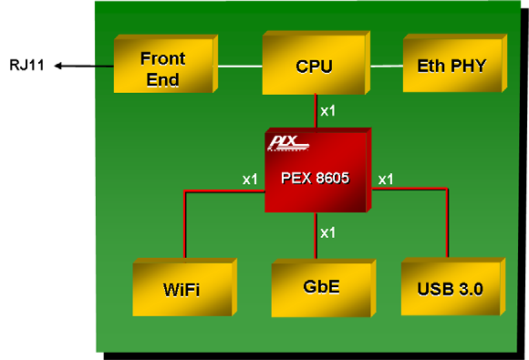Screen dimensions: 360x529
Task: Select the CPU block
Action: pyautogui.click(x=313, y=66)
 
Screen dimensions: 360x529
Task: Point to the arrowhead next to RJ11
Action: pyautogui.click(x=57, y=66)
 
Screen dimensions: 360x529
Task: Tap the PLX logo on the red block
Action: pyautogui.click(x=288, y=143)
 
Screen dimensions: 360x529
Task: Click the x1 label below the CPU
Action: pyautogui.click(x=328, y=111)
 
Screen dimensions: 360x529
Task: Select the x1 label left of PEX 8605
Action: pyautogui.click(x=250, y=179)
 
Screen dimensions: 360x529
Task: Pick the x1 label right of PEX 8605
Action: pyautogui.click(x=386, y=179)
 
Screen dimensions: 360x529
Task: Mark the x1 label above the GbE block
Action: pyautogui.click(x=328, y=233)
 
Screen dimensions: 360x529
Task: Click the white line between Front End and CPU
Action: pyautogui.click(x=237, y=66)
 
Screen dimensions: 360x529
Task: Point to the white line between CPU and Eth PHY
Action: pyautogui.click(x=387, y=66)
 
